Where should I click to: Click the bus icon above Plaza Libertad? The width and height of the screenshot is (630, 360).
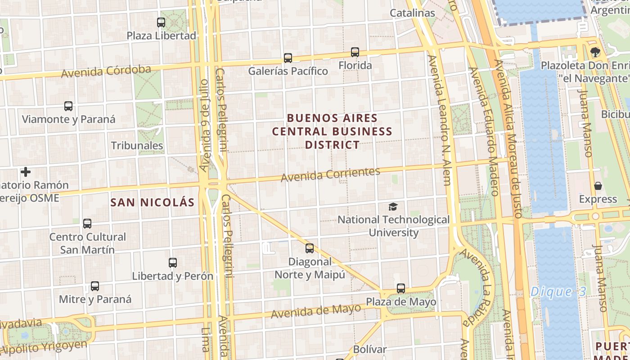point(161,22)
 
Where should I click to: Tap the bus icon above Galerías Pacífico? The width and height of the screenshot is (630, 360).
point(288,58)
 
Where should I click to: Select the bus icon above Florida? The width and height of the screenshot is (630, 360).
point(355,52)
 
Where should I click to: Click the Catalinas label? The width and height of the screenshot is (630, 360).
point(412,13)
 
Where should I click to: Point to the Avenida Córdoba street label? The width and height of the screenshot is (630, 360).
point(106,71)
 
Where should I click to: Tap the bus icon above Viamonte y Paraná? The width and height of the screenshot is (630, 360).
point(68,106)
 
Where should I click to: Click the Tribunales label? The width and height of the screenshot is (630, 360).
point(137,145)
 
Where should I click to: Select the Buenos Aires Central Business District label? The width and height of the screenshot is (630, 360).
point(332,131)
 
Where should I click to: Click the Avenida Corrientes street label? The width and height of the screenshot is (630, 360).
point(330,175)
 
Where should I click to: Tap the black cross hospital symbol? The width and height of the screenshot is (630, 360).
point(26,172)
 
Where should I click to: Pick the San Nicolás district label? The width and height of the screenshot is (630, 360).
point(153,202)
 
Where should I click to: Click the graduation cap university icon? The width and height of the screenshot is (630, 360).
point(393,207)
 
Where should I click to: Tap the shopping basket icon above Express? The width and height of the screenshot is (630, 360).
point(598,186)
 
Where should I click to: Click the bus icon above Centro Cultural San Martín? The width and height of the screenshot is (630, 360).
point(87,223)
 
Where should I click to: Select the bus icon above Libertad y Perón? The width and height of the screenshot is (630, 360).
point(173,263)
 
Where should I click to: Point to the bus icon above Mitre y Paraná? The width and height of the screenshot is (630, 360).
point(95,286)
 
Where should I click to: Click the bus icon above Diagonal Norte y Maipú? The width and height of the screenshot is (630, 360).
point(310,248)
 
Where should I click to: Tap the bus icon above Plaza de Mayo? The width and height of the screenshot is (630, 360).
point(401,288)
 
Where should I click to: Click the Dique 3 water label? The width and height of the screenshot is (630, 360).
point(558,292)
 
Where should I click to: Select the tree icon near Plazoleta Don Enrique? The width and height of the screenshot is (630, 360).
point(595,52)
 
